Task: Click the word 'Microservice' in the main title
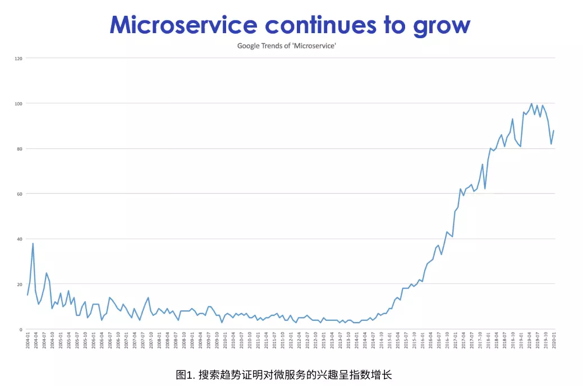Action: coord(183,25)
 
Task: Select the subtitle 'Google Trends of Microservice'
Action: coord(286,46)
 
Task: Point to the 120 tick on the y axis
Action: coord(18,58)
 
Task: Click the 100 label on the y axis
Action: coord(18,103)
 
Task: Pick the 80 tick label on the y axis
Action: coord(19,149)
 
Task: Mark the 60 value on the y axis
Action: coord(19,194)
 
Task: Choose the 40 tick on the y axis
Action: coord(19,239)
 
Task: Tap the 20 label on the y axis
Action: coord(19,284)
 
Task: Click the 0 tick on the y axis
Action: coord(21,329)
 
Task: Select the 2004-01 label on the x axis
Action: coord(27,341)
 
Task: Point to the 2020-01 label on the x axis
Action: coord(554,341)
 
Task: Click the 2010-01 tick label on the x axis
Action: coord(225,341)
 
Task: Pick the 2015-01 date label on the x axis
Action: coord(389,341)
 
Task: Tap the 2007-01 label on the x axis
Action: coord(126,341)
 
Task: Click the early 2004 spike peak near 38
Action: coord(33,243)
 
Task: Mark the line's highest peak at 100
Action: coord(531,103)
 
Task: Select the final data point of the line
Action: coord(554,130)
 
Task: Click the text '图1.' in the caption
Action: coord(185,374)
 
